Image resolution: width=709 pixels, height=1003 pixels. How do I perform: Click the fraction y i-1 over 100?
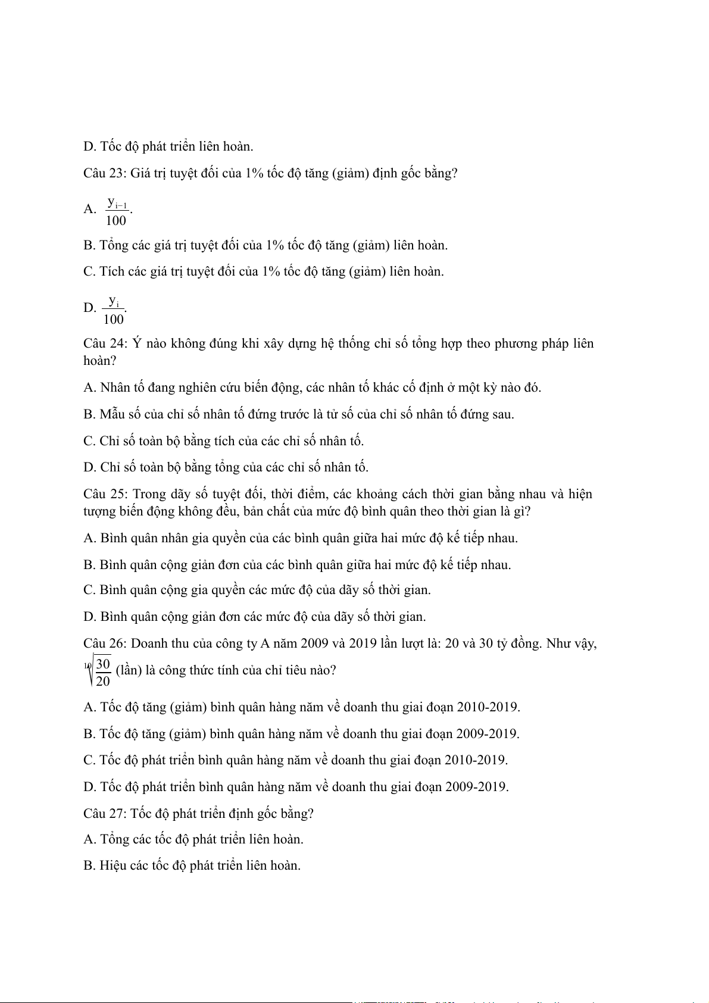[x=117, y=211]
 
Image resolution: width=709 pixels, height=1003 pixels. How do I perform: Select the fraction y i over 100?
[x=114, y=310]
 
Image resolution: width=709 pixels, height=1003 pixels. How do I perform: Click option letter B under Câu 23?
[x=89, y=245]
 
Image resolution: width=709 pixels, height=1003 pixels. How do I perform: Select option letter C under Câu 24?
[x=89, y=441]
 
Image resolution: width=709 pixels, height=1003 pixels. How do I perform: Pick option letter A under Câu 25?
[x=89, y=538]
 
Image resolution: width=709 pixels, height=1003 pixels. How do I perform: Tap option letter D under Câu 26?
[x=89, y=787]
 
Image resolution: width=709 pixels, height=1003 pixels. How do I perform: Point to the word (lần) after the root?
[x=129, y=670]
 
